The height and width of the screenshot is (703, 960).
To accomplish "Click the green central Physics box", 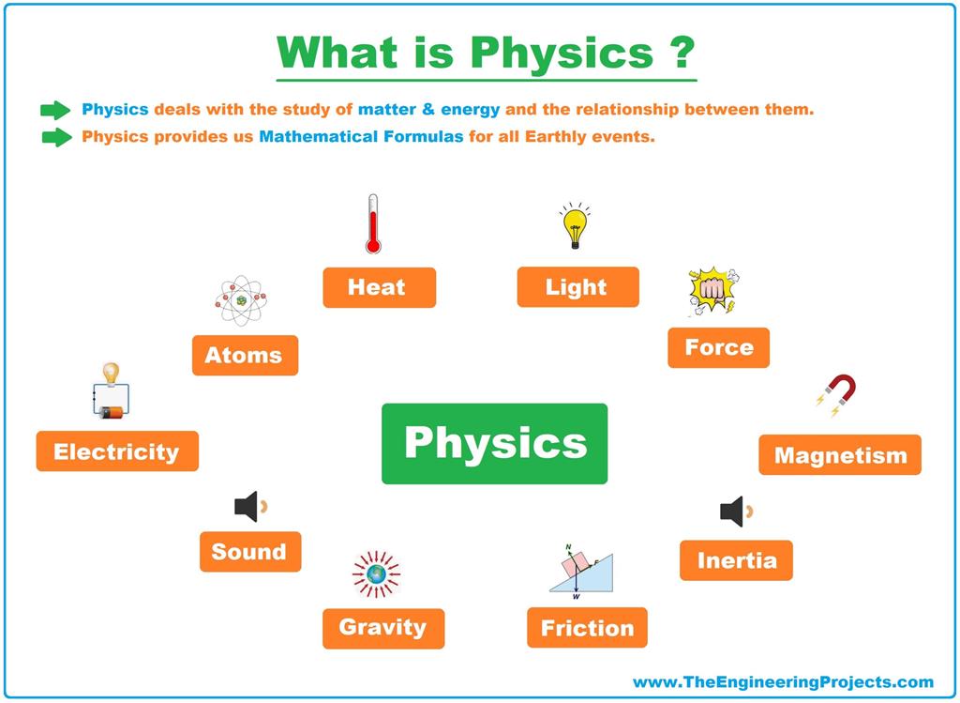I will coord(494,443).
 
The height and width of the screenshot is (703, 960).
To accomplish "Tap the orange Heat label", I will coord(379,287).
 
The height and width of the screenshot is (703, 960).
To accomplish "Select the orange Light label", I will coord(577,287).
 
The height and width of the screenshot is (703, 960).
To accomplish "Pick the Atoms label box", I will coord(245,356).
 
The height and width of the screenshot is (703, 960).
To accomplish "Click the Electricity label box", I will coord(117,451).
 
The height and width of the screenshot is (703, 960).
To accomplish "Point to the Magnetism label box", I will coord(840,455).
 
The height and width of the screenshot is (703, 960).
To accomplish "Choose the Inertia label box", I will coord(736,560).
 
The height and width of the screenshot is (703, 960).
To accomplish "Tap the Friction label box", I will coord(587,628).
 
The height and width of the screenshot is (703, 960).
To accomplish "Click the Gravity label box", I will coord(382,628).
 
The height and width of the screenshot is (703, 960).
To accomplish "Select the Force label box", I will coord(718,347).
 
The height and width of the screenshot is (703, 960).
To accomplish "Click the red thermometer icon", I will coord(373,224).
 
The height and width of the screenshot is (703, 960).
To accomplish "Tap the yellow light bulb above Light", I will coord(574,226).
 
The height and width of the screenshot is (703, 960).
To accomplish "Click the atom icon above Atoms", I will coord(241,300).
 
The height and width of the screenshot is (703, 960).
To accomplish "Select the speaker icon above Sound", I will coord(248,507).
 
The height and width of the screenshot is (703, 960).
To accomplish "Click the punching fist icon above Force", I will coord(712,291).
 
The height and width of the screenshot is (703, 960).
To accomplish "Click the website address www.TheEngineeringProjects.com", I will coord(783,682).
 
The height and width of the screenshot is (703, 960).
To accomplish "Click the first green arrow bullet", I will coord(56,110).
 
